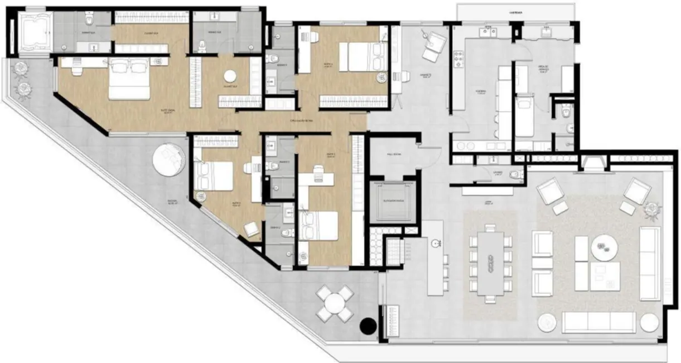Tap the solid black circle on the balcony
[369, 326]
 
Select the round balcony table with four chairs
[334, 303]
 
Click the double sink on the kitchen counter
[489, 32]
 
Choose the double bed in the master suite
[129, 80]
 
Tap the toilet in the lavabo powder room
[515, 174]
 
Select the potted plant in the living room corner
[651, 209]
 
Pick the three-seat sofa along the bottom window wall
[598, 322]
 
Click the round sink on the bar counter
[435, 243]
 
